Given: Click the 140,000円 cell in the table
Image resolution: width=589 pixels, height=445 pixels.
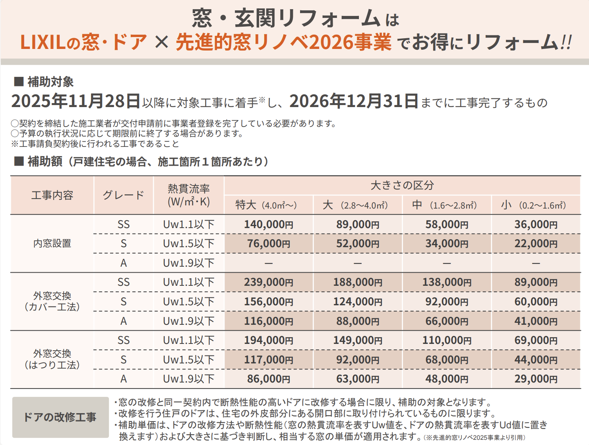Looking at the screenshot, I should [269, 224].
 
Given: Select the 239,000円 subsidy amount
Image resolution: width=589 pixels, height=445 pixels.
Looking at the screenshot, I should [269, 282].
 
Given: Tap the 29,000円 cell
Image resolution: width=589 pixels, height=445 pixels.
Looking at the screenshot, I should [536, 379].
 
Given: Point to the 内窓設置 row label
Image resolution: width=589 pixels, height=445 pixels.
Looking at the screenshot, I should [52, 244].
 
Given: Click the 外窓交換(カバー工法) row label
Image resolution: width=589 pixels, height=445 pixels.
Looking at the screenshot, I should [52, 301].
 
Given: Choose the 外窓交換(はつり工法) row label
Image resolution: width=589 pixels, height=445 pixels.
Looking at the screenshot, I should [52, 359].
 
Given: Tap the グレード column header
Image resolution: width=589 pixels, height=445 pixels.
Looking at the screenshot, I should [124, 195].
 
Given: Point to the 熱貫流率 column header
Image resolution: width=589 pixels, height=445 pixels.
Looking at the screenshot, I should [189, 195].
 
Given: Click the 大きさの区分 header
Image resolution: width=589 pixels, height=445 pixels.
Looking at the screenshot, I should [402, 185].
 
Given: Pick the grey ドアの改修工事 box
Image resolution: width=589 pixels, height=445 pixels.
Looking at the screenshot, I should [60, 417].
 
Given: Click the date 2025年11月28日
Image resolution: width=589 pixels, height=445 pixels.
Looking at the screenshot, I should [76, 101].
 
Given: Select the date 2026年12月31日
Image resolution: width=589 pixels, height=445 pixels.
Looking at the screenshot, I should [354, 101].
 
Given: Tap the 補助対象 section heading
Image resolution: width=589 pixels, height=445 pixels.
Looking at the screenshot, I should [50, 82].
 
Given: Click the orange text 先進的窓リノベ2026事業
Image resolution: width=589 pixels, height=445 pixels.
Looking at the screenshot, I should [283, 42].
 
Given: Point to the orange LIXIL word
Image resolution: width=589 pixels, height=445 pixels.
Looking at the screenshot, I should [43, 42].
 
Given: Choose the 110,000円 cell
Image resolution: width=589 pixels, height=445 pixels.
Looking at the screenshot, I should [447, 340].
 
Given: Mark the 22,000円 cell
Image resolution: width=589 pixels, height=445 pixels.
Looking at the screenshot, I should [536, 244].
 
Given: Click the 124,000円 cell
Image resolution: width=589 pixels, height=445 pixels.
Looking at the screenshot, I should [358, 302].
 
